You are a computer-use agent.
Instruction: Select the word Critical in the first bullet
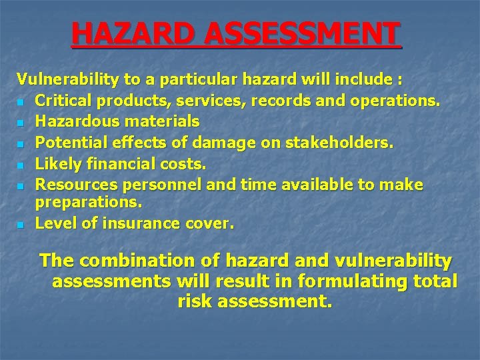[61, 101]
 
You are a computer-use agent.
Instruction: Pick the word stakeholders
[333, 142]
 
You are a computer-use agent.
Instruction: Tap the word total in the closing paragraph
[433, 281]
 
